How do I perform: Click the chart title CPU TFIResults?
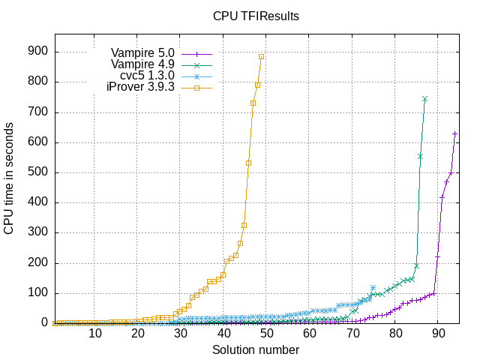[256, 15]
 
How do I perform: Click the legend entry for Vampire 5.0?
[142, 53]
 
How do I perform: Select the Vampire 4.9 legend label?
[142, 64]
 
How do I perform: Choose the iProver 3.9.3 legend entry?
[140, 87]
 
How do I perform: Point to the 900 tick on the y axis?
[38, 52]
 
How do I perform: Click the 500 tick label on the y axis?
[38, 172]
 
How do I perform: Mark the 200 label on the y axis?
[38, 263]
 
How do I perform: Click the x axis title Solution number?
[256, 349]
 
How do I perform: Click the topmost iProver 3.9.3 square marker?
[261, 56]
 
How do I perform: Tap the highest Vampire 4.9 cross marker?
[424, 99]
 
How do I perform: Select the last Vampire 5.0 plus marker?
[454, 133]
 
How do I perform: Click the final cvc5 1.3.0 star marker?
[373, 288]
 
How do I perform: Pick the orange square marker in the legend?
[196, 88]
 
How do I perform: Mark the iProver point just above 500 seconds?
[248, 163]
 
